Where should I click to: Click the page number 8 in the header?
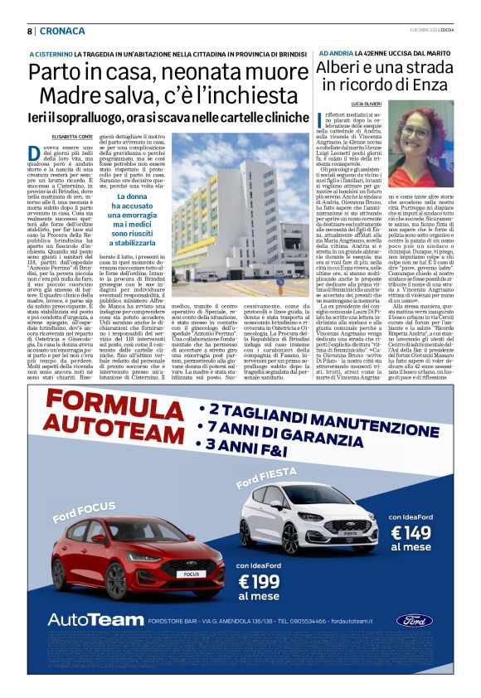30,31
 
